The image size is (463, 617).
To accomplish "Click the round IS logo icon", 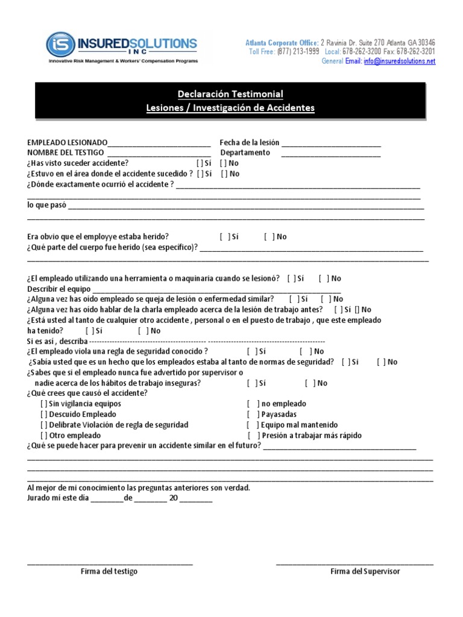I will point(60,45).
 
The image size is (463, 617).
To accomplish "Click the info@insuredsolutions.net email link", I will point(399,61).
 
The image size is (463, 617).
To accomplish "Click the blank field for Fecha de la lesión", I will point(331,143).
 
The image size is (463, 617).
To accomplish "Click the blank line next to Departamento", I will point(331,154).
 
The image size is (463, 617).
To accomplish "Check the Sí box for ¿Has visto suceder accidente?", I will point(200,163).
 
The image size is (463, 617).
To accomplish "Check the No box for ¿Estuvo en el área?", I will point(224,174).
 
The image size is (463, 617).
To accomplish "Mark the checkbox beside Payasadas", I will point(251,415).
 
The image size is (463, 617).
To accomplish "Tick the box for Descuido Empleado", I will point(44,415).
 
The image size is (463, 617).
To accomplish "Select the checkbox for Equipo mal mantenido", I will point(251,425).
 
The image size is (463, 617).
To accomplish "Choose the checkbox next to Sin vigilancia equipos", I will point(44,404).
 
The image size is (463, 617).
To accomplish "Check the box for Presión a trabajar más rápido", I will point(251,436).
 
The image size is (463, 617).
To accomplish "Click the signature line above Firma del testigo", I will point(110,563).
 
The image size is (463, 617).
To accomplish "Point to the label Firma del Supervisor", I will point(365,571).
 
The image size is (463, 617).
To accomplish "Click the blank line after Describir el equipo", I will point(208,289).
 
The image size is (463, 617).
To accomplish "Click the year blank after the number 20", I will point(196,499).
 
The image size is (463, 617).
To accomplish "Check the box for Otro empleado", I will point(44,436).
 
